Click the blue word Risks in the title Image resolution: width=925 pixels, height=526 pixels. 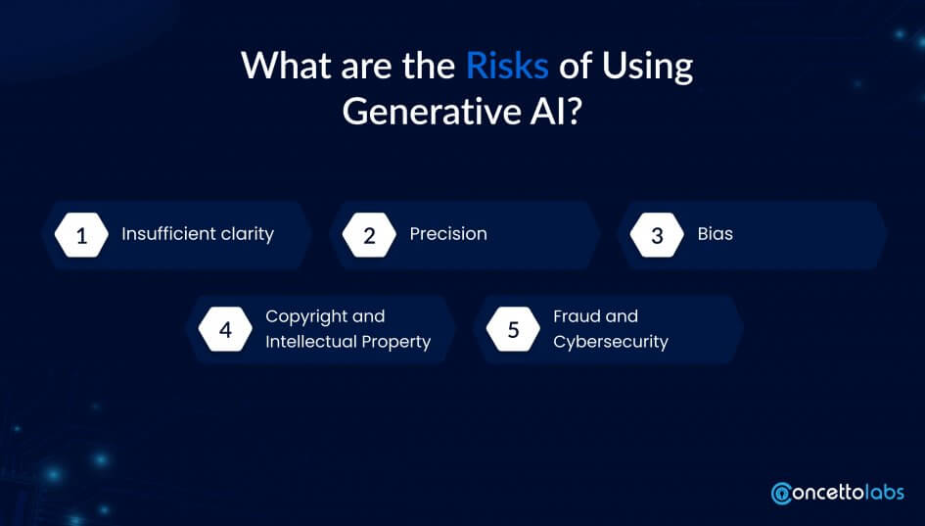(x=507, y=66)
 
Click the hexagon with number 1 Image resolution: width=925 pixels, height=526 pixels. (x=81, y=235)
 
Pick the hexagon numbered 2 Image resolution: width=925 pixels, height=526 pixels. (x=369, y=235)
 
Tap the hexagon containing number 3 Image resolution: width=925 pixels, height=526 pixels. (x=657, y=235)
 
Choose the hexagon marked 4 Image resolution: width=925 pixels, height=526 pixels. (x=225, y=329)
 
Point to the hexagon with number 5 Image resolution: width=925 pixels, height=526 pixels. (x=513, y=329)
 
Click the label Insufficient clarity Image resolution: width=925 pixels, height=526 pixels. (x=198, y=234)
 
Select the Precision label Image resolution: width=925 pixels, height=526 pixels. (x=448, y=234)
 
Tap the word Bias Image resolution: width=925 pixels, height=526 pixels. (x=715, y=234)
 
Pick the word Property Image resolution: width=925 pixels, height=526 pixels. (x=396, y=343)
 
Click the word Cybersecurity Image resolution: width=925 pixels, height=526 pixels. (x=611, y=343)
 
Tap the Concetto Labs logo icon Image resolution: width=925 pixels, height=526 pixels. (x=782, y=494)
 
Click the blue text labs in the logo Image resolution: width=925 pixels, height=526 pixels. (x=884, y=492)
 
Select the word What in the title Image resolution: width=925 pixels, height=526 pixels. (x=287, y=66)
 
